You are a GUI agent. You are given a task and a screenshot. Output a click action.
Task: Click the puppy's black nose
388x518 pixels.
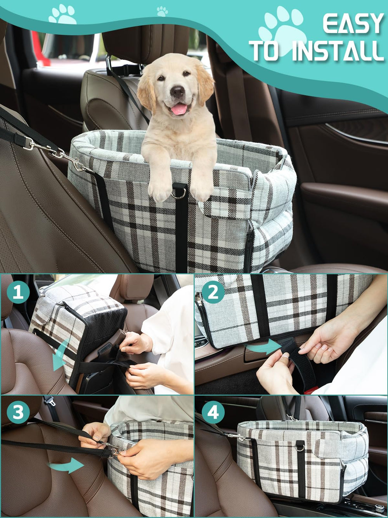point(178,92)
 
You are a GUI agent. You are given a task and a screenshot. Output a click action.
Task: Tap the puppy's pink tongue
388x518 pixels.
point(179,110)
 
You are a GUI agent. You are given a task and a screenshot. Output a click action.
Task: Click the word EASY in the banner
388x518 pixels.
point(353,24)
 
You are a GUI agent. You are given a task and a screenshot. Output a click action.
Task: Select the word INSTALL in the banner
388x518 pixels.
point(338,51)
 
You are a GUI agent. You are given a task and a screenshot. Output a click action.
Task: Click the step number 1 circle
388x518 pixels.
point(18,292)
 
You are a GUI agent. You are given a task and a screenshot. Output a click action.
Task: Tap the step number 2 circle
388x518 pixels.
point(213,292)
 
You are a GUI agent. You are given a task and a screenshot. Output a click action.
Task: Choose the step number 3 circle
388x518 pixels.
point(18,412)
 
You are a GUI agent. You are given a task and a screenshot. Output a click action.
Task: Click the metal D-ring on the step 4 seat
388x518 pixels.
point(300,447)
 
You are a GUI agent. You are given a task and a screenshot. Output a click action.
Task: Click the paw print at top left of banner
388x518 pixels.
point(62,15)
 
